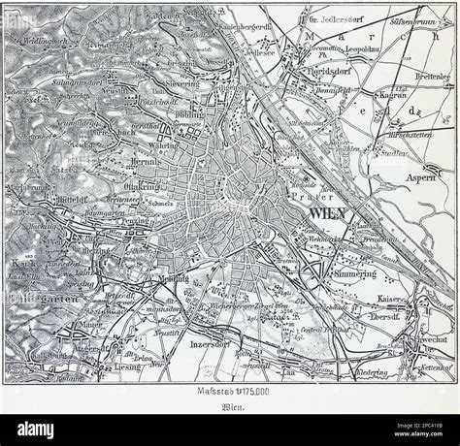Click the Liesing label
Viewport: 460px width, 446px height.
pos(100,369)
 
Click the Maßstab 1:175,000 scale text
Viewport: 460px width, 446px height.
pos(230,390)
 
